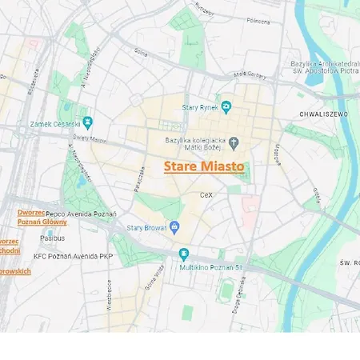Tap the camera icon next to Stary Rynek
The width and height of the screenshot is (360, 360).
pos(226,106)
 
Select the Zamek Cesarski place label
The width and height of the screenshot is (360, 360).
pos(55,123)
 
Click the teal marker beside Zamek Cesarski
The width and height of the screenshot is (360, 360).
pos(87,122)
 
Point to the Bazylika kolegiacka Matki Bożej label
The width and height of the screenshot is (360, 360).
pos(195,143)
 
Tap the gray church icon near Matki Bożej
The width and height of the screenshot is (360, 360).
pos(234,143)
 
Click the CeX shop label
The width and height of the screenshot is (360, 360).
pos(206,194)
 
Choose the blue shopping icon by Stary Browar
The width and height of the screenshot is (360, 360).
pos(175,227)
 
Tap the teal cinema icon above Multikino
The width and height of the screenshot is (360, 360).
pos(183,254)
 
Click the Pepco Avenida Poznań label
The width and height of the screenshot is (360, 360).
pos(81,214)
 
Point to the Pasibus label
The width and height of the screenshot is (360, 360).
pos(53,238)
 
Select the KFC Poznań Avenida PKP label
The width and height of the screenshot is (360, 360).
pos(73,256)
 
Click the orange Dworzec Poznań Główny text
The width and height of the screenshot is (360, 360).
pos(42,217)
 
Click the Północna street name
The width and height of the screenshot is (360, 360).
pos(258,22)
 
